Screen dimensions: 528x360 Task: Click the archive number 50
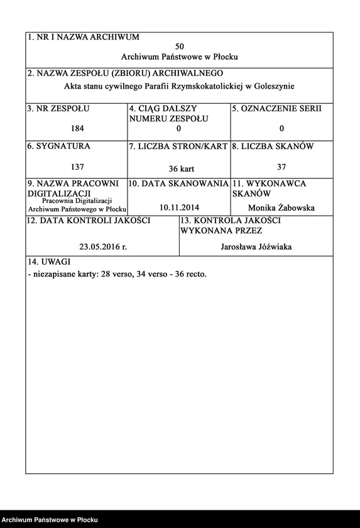(180, 47)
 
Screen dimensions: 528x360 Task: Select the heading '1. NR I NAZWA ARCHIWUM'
(84, 38)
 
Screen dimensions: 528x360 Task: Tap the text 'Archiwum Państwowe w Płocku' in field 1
(180, 57)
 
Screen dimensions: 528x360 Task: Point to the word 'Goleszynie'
(274, 86)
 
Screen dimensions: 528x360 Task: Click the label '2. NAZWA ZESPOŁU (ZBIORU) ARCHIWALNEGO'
(125, 74)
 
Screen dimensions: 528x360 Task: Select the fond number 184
(78, 129)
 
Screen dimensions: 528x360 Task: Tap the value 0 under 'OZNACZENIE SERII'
(281, 129)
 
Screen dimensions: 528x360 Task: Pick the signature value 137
(78, 167)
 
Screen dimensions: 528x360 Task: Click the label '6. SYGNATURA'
(58, 146)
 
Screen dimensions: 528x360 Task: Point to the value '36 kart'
(180, 169)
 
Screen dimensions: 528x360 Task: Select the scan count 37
(281, 167)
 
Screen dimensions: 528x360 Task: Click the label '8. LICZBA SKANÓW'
(273, 146)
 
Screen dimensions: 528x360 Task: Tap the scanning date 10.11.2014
(179, 207)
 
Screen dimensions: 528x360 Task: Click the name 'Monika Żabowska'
(281, 208)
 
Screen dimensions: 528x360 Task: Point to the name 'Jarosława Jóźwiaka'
(256, 247)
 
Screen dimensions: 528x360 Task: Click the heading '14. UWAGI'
(48, 261)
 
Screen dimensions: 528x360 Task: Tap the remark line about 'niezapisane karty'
(117, 274)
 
